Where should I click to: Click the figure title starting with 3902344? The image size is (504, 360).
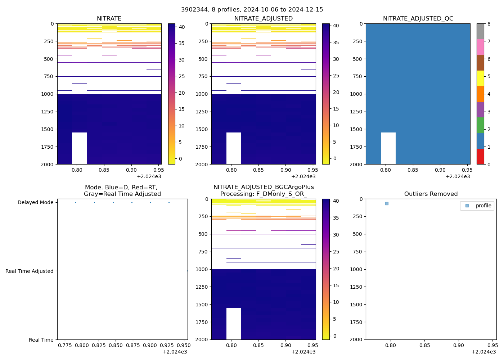(x=252, y=10)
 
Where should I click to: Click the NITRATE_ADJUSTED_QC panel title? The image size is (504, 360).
(x=418, y=19)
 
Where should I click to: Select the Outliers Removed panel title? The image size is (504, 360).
(x=431, y=194)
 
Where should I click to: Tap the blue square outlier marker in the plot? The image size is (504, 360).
(x=387, y=204)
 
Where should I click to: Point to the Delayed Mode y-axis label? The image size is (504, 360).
(x=35, y=203)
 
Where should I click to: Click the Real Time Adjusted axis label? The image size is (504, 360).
(x=29, y=271)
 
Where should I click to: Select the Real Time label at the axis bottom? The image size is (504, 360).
(x=41, y=340)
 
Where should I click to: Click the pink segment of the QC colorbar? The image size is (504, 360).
(x=480, y=47)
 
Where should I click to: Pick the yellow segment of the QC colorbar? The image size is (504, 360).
(x=480, y=78)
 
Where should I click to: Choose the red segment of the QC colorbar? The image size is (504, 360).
(x=480, y=157)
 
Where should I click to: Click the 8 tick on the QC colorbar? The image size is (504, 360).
(x=489, y=24)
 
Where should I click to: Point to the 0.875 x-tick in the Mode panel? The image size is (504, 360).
(x=132, y=345)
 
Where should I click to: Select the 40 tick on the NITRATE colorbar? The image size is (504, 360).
(x=181, y=27)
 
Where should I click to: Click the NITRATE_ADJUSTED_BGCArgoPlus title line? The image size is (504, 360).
(x=264, y=187)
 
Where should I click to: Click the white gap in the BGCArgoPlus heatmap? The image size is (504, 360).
(x=234, y=324)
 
